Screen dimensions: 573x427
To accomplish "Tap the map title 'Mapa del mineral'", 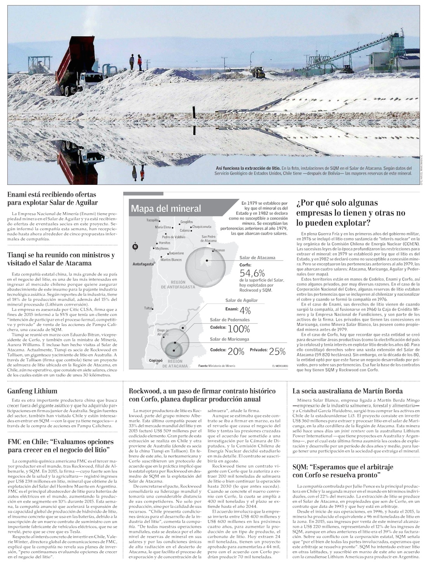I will (x=166, y=208).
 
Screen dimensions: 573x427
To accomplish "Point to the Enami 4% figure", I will (x=245, y=310).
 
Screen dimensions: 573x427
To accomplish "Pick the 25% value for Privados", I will (x=277, y=351).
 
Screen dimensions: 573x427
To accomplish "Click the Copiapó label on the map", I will (x=156, y=361).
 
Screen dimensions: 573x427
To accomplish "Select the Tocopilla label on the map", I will (x=153, y=220).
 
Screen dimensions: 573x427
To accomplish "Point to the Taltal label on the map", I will (x=148, y=308).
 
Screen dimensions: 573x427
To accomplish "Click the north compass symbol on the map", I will (x=135, y=246).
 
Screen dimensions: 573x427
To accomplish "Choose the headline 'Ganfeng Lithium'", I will (x=32, y=391).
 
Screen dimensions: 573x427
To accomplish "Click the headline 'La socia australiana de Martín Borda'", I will (x=347, y=391).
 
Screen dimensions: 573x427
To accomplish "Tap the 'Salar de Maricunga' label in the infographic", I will (x=229, y=339).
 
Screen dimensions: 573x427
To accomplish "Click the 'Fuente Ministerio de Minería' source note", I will (x=216, y=366).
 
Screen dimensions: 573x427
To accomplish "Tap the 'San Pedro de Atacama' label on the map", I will (x=208, y=238).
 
